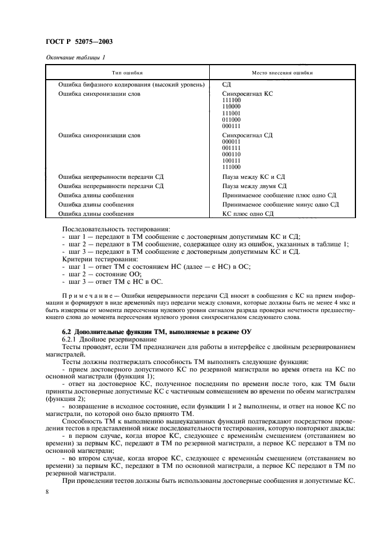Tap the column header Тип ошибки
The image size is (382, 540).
click(x=127, y=73)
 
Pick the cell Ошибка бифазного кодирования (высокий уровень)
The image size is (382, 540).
click(x=132, y=85)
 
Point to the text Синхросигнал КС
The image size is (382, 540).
click(x=247, y=93)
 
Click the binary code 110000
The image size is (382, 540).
click(x=231, y=107)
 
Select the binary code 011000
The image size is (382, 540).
click(x=231, y=119)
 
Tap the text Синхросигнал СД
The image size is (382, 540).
click(x=247, y=135)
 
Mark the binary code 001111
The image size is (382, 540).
click(x=231, y=148)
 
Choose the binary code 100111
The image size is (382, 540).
click(x=231, y=160)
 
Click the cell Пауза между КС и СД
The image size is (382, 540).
click(x=253, y=177)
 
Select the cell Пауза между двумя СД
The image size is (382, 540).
click(x=254, y=186)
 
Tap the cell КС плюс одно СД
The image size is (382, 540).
click(x=247, y=213)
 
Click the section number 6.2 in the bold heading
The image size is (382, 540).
click(x=67, y=332)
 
